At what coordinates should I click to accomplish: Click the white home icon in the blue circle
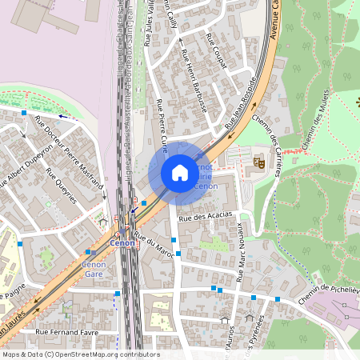(179, 173)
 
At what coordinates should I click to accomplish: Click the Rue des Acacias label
(206, 215)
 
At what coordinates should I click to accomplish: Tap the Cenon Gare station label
(94, 268)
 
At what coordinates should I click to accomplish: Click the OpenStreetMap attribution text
(80, 354)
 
